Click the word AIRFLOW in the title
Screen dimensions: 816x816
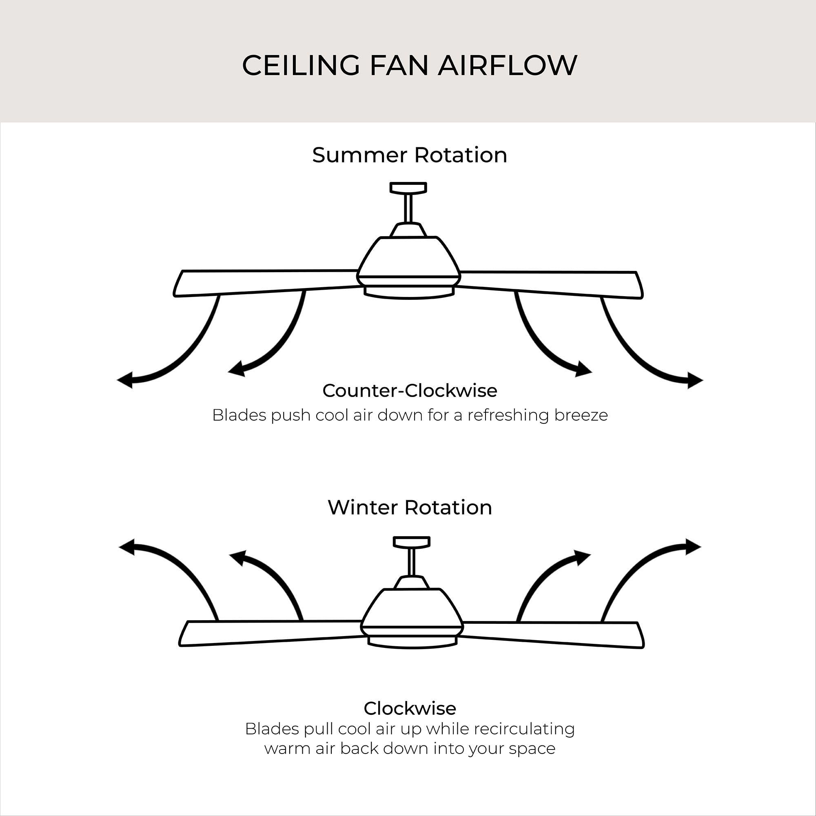pyautogui.click(x=507, y=65)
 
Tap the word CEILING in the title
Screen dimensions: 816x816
pyautogui.click(x=301, y=65)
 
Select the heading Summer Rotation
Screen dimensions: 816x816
pyautogui.click(x=410, y=155)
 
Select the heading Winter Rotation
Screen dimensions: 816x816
pyautogui.click(x=410, y=507)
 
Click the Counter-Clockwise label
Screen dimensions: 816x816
pyautogui.click(x=410, y=391)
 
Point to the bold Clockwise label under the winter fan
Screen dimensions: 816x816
pyautogui.click(x=410, y=708)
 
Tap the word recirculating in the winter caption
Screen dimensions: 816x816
pyautogui.click(x=524, y=729)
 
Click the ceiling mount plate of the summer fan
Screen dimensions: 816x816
pyautogui.click(x=408, y=188)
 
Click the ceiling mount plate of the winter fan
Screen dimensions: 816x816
pyautogui.click(x=411, y=542)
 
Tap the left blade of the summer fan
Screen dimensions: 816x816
pyautogui.click(x=266, y=283)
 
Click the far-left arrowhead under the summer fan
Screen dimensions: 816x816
pyautogui.click(x=125, y=380)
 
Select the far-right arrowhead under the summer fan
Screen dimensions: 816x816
pyautogui.click(x=695, y=380)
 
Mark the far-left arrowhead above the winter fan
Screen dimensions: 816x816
pyautogui.click(x=127, y=547)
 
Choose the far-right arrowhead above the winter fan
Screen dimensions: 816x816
pyautogui.click(x=693, y=547)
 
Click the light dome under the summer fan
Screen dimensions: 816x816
pyautogui.click(x=409, y=293)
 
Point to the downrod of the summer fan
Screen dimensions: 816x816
pyautogui.click(x=408, y=208)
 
